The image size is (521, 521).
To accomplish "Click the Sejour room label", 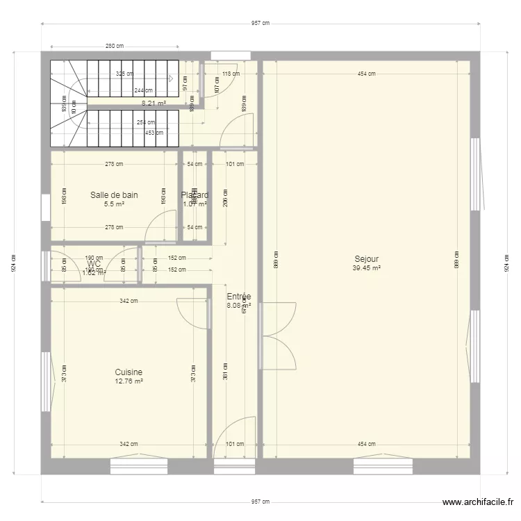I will (366, 260).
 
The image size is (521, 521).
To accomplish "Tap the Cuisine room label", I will (129, 373).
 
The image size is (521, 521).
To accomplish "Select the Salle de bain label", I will (114, 195).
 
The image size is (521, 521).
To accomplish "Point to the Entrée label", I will (239, 297).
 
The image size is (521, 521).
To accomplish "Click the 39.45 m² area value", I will (366, 268).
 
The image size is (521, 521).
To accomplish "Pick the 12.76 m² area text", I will (129, 381).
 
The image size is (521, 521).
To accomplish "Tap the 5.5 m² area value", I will (114, 204).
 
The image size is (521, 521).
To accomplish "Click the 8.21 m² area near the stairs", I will (154, 103).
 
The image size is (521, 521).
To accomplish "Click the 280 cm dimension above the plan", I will (115, 47).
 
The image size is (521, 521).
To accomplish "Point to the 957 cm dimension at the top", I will (260, 23).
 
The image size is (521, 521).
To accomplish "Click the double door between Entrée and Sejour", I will (278, 336).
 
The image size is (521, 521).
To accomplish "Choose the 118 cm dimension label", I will (231, 74).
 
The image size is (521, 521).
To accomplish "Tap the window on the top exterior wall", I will (225, 56).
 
